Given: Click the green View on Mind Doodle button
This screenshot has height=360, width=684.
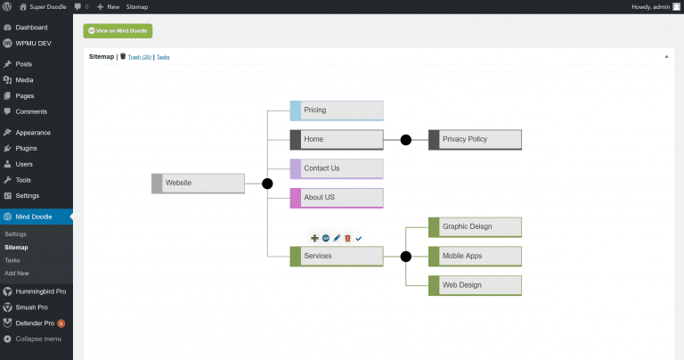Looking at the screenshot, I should (x=118, y=31).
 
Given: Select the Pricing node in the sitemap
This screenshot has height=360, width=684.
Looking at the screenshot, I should (x=337, y=110).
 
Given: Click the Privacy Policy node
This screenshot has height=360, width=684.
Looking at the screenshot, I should (x=475, y=140).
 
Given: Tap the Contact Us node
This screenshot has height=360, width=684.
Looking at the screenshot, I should (x=337, y=168).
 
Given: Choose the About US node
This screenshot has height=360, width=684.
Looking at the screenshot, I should (x=337, y=197).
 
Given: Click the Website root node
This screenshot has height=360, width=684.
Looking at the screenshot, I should (x=198, y=184).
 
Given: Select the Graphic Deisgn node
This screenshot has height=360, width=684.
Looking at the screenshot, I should (x=475, y=227).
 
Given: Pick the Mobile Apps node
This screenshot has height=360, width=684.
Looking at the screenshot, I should (x=475, y=257).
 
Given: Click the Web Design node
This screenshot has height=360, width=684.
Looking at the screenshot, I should (x=475, y=285).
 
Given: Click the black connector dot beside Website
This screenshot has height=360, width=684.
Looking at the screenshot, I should (x=267, y=184).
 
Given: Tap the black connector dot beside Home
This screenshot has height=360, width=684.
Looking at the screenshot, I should (x=406, y=140).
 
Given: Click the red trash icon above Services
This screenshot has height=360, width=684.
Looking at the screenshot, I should (x=347, y=239).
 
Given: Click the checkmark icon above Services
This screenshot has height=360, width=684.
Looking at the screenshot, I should (x=359, y=239).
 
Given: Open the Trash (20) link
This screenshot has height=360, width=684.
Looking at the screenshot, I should (x=139, y=57).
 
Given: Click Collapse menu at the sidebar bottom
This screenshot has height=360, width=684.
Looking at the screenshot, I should (x=38, y=339).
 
